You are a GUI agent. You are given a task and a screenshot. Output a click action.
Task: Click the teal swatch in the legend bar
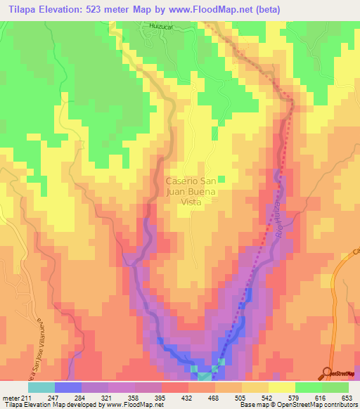click(x=41, y=387)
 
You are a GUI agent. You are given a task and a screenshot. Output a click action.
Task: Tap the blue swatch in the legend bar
click(x=68, y=387)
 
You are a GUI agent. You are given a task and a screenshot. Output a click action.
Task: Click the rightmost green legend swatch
click(x=335, y=387)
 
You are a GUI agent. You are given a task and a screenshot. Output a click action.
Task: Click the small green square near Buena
click(x=221, y=178)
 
